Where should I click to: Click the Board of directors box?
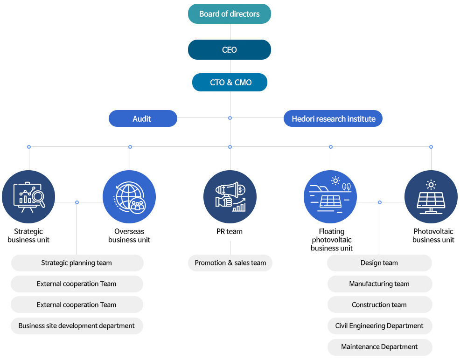[230, 14]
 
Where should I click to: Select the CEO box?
[230, 50]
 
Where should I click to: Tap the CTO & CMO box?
[230, 83]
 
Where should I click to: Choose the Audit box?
[143, 118]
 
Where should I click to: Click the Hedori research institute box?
[333, 118]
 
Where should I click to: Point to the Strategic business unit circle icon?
[28, 196]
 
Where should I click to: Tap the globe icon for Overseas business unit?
[129, 196]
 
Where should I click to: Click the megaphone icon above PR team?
[230, 196]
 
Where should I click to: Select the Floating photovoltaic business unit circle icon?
[330, 196]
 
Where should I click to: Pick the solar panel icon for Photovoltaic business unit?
[431, 196]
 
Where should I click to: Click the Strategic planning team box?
[77, 263]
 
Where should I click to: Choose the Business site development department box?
[77, 326]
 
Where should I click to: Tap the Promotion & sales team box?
[230, 263]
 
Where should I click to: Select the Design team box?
[379, 263]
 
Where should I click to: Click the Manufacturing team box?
[379, 284]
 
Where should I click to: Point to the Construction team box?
[379, 305]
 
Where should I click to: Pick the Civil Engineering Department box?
[379, 326]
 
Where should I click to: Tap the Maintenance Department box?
[379, 347]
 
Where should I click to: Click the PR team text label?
[230, 231]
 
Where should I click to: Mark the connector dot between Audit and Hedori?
[230, 118]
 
